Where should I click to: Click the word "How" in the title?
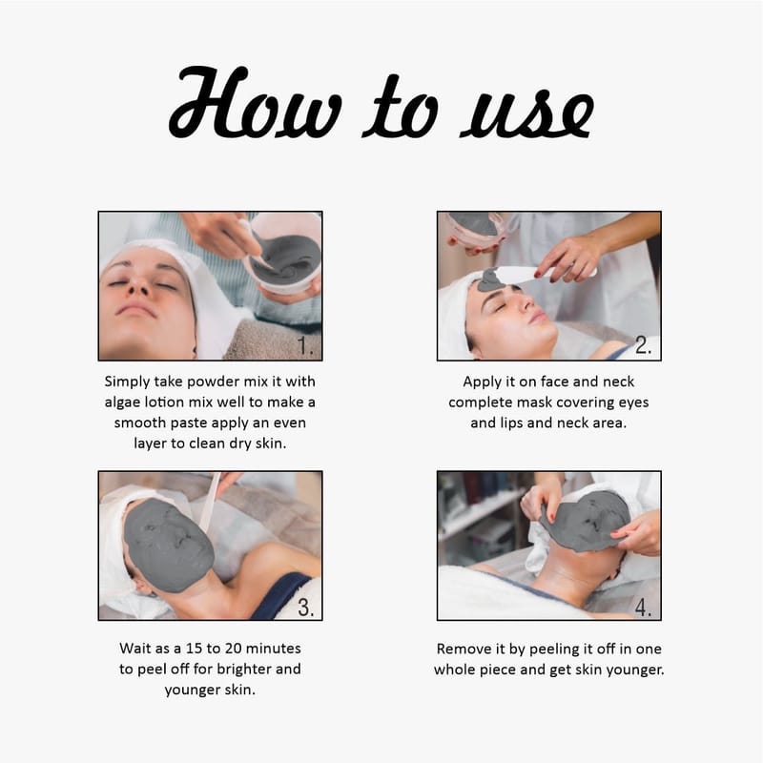point(256,102)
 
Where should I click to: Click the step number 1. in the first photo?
point(305,346)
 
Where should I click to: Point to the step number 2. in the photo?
point(643,345)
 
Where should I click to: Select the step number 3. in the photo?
point(306,608)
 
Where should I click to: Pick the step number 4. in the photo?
point(643,608)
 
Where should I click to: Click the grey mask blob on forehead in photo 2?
point(490,279)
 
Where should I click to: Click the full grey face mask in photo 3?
point(168,545)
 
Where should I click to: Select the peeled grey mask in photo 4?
point(584,521)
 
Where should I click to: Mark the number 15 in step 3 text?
point(194,649)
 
